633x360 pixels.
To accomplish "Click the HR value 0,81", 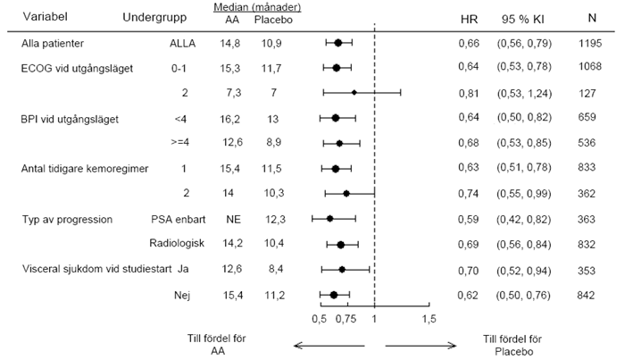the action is click(x=469, y=93).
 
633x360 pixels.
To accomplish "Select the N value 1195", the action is click(x=590, y=43).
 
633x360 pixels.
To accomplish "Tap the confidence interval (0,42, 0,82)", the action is click(x=523, y=220).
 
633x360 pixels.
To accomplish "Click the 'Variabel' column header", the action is click(x=46, y=17).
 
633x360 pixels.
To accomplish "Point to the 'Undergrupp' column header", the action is click(x=154, y=17).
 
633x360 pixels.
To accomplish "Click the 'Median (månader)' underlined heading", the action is click(x=257, y=7).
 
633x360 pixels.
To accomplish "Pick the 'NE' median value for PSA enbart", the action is click(x=233, y=220).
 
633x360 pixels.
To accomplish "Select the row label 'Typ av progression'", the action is click(x=67, y=220).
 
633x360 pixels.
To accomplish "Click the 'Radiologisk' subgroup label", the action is click(x=177, y=243).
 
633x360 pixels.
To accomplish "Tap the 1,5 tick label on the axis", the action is click(x=429, y=319).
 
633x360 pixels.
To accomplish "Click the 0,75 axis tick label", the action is click(x=346, y=319).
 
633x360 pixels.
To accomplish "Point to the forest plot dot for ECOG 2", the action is click(x=354, y=93).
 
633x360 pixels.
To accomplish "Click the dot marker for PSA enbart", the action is click(x=329, y=219).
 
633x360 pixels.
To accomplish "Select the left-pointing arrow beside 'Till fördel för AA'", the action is click(x=329, y=346).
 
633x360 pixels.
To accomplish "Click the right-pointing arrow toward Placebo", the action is click(x=421, y=346).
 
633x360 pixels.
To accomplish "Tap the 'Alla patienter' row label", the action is click(x=53, y=43).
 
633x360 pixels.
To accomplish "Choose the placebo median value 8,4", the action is click(x=276, y=269).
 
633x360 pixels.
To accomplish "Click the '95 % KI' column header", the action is click(x=523, y=19).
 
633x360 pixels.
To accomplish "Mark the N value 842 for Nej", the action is click(x=586, y=296).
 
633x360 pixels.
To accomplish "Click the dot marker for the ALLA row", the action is click(x=338, y=42).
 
